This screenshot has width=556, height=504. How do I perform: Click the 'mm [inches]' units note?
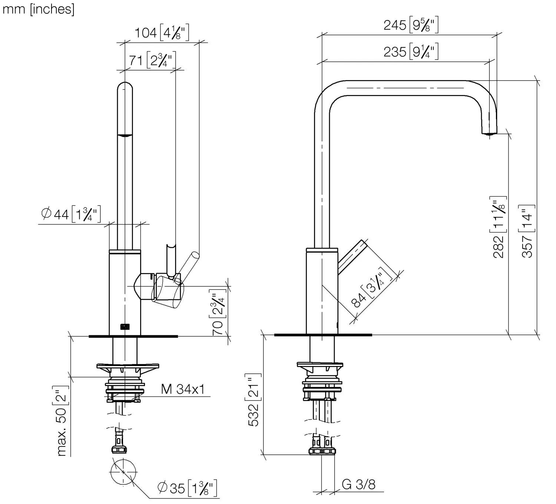pos(39,9)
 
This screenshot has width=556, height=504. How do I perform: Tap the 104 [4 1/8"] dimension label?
pos(162,33)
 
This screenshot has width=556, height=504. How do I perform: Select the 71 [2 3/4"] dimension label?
pos(152,60)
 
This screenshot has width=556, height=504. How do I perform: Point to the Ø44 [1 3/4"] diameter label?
pos(71,214)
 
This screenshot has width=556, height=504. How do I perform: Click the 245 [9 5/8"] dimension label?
pos(411,25)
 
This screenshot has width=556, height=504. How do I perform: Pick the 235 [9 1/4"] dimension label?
pos(411,51)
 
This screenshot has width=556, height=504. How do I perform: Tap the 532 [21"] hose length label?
pos(253,400)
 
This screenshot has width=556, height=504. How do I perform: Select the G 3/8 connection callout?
pos(359,484)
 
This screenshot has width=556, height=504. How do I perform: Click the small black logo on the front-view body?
pos(125,327)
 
